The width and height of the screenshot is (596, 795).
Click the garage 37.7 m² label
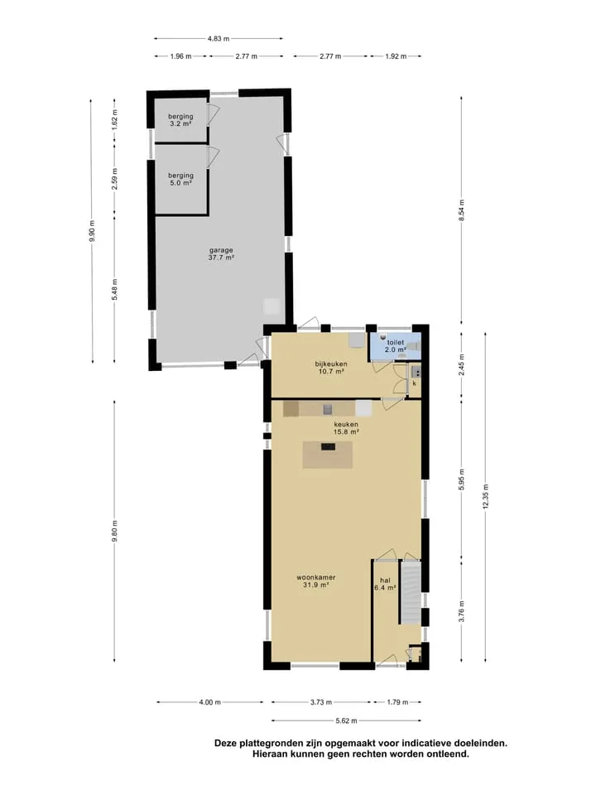coord(221,253)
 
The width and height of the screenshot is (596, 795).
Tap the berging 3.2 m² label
coord(180,119)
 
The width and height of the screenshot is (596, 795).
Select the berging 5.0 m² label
coord(180,179)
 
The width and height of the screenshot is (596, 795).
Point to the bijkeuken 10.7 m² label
coord(330,368)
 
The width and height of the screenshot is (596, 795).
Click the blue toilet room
coord(395,346)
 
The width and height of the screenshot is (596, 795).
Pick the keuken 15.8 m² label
coord(346,428)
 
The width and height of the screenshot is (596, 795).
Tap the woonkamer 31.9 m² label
coord(315,581)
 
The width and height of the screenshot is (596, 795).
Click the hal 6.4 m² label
coord(385,584)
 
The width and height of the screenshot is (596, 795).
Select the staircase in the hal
coord(410,592)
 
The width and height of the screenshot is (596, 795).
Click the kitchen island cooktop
coord(328,446)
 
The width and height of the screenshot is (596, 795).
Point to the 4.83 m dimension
coord(218,38)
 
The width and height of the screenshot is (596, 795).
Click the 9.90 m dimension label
coord(92,231)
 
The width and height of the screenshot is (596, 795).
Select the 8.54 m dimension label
coord(461,210)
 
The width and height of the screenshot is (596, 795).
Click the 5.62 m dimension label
coord(346,720)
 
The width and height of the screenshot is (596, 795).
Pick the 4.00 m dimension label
coord(209,702)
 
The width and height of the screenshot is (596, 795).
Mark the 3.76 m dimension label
coord(462,610)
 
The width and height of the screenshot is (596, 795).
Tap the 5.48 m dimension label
coord(114,290)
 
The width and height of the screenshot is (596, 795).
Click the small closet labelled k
coord(414,378)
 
